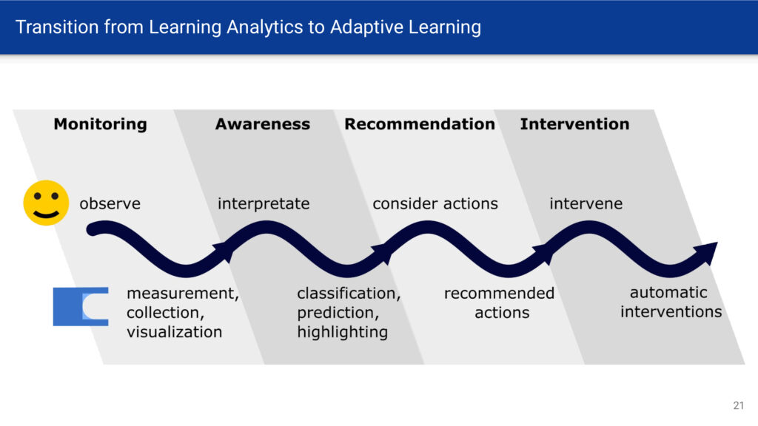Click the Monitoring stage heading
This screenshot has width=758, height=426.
click(x=100, y=124)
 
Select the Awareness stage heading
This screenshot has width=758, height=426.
click(x=263, y=124)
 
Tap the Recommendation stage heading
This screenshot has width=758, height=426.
click(x=420, y=124)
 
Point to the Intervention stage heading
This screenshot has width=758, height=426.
click(x=574, y=124)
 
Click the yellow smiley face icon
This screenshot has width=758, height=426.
click(x=46, y=203)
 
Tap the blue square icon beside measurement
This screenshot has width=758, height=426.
click(x=80, y=307)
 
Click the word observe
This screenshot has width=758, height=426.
click(x=110, y=204)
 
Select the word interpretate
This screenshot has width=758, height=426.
click(x=264, y=204)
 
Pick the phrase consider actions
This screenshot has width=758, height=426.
click(x=435, y=204)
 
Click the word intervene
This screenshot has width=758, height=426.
click(x=586, y=204)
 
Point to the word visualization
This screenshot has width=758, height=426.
click(x=175, y=332)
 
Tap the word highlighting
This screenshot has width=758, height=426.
click(x=342, y=332)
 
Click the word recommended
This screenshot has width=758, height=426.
click(x=500, y=293)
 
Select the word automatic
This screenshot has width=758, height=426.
click(x=668, y=292)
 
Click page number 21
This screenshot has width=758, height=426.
click(x=738, y=406)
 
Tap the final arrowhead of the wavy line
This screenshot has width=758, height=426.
click(x=707, y=252)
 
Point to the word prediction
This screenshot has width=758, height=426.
click(x=338, y=313)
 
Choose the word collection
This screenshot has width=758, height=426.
click(x=165, y=313)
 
